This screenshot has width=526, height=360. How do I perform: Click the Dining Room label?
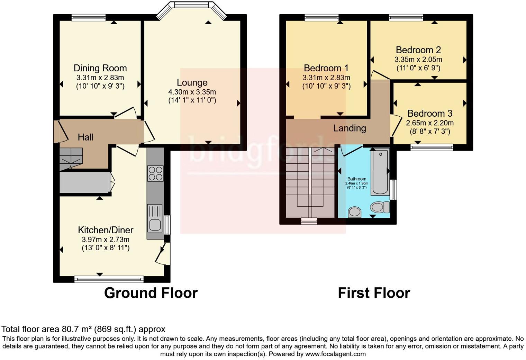(100, 68)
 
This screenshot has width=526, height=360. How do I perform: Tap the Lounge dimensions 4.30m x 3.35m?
(192, 92)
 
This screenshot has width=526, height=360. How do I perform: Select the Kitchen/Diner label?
(106, 230)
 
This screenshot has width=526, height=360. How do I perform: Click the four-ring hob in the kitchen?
(155, 173)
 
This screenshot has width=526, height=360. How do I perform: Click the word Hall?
(85, 137)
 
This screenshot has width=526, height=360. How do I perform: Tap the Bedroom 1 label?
(326, 68)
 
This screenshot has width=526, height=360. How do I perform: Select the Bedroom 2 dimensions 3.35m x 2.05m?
(418, 60)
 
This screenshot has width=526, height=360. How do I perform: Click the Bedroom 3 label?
(429, 114)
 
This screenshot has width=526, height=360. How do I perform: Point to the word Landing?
(350, 128)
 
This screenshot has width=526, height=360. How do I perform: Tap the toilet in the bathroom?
(379, 207)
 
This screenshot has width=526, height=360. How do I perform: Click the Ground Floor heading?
(151, 293)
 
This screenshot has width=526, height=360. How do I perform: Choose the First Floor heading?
(374, 293)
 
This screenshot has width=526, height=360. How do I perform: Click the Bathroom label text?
(357, 179)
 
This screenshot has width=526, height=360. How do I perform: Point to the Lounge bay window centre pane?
(191, 5)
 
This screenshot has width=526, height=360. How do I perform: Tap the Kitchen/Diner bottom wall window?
(109, 279)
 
